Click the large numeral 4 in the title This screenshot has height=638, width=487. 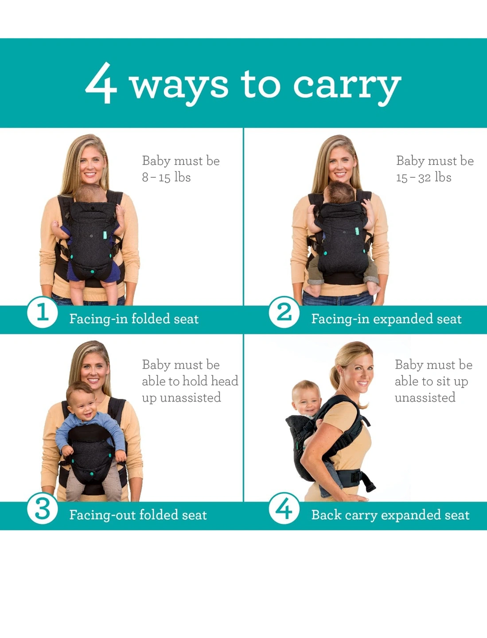click(101, 83)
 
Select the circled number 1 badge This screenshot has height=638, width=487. click(43, 312)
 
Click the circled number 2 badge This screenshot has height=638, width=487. click(284, 312)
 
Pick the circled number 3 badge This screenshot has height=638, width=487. click(43, 508)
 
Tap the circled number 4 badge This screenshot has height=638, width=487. click(284, 508)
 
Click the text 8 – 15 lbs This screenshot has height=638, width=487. click(166, 177)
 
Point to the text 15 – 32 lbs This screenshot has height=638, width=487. click(424, 177)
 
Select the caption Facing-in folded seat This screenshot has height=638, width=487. click(134, 319)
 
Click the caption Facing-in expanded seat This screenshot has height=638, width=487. click(386, 319)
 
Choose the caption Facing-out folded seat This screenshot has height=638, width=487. click(138, 515)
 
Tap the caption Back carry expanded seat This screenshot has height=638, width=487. click(390, 515)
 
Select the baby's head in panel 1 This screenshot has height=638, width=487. click(91, 193)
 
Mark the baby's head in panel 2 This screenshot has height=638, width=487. click(339, 192)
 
